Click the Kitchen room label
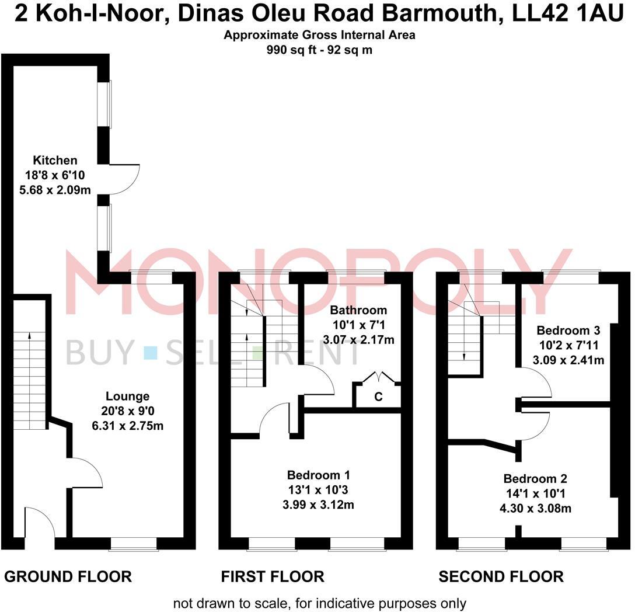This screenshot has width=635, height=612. pyautogui.click(x=55, y=160)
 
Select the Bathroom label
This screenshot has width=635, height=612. pyautogui.click(x=350, y=310)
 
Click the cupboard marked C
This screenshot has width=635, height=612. pyautogui.click(x=378, y=398)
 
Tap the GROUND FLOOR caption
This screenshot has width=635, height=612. pyautogui.click(x=68, y=577)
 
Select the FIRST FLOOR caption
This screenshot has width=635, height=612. pyautogui.click(x=273, y=577)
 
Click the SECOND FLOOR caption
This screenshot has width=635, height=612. pyautogui.click(x=501, y=577)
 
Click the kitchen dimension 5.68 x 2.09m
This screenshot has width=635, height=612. pyautogui.click(x=55, y=188)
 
